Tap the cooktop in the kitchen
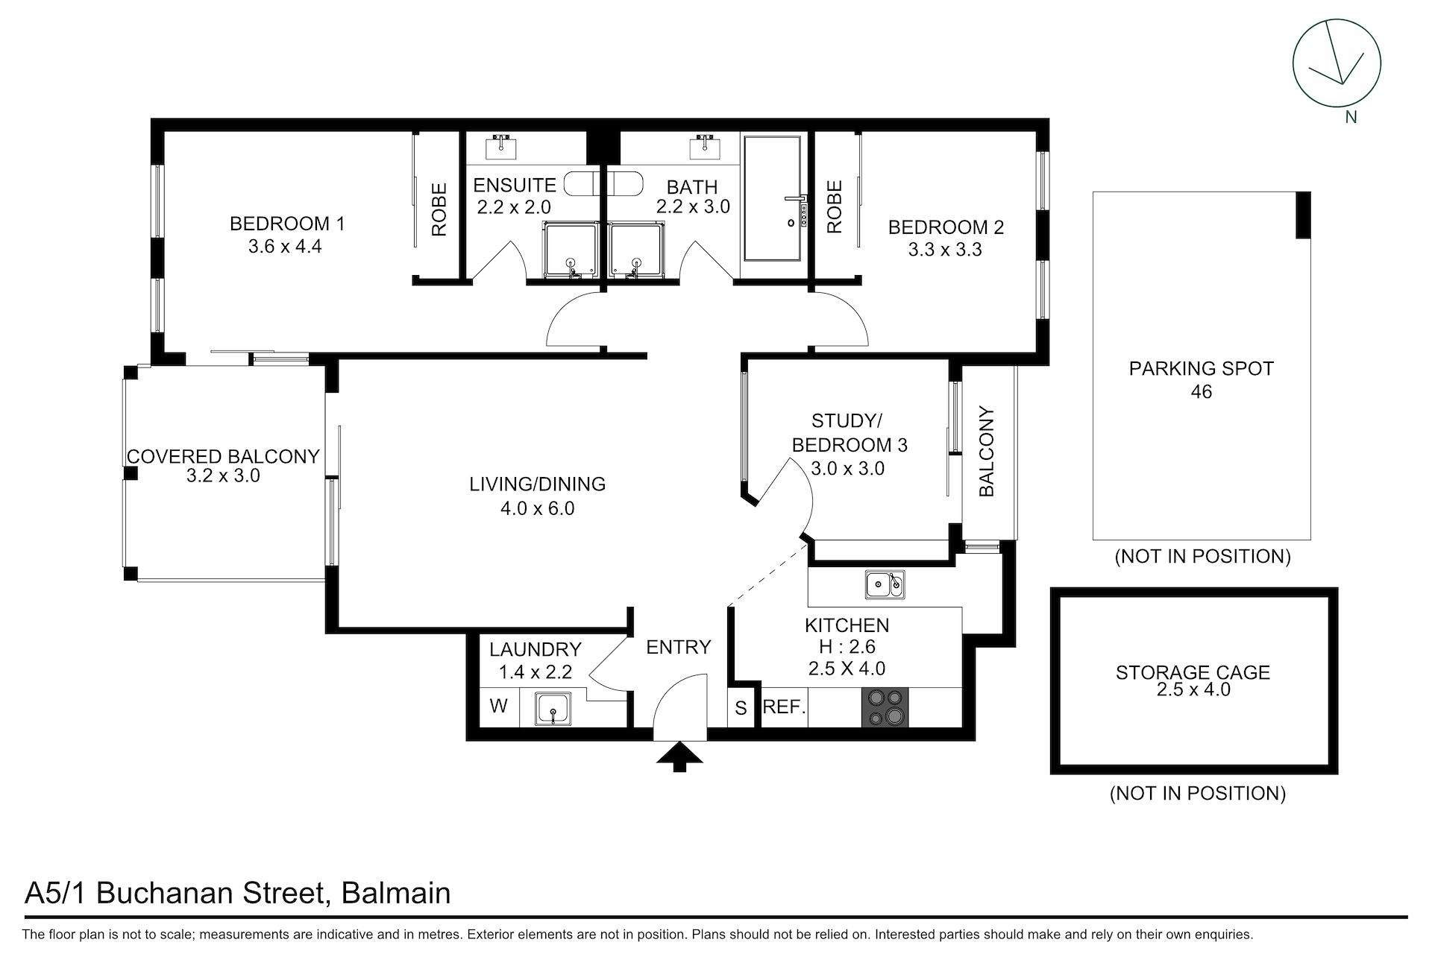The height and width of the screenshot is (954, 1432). pos(885,707)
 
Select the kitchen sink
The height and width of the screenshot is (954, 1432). pos(885,584)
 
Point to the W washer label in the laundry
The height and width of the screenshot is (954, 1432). pos(499,705)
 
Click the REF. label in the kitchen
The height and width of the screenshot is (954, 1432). pos(784,706)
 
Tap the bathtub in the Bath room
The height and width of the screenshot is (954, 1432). pos(773,198)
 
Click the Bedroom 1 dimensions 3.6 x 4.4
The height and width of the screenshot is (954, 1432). pos(285,246)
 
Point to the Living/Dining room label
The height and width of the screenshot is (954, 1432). pos(537,484)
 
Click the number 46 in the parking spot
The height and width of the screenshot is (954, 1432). pos(1201,391)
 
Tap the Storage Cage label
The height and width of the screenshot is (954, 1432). pos(1193,672)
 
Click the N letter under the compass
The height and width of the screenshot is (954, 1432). pos(1351,117)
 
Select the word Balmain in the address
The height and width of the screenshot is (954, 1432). pos(395,893)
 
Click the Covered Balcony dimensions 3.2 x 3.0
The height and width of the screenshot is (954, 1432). pos(223,476)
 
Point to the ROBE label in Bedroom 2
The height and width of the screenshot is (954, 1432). pos(835,206)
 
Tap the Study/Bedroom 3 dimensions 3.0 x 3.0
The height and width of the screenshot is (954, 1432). pos(848,469)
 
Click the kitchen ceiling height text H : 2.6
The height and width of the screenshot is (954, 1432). pos(848,647)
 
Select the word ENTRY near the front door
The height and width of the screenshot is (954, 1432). pos(679,647)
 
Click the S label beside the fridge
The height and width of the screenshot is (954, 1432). pos(741,708)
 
